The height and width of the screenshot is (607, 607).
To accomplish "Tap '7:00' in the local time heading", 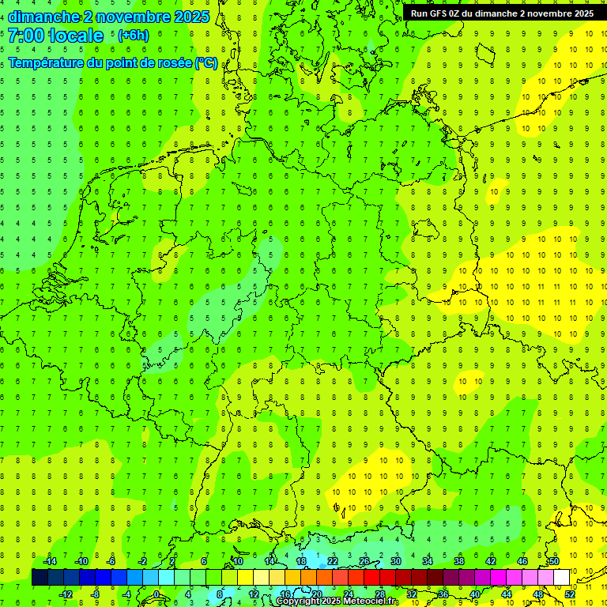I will click(x=25, y=36).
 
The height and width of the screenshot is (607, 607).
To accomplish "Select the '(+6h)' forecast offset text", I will click(x=133, y=36).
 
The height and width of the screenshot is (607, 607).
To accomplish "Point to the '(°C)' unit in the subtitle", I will click(x=206, y=62).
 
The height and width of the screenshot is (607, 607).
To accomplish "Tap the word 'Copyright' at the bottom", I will click(x=298, y=601).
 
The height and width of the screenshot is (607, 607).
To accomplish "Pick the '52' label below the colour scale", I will click(x=570, y=594).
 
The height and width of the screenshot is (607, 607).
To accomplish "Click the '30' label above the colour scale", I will click(x=396, y=561).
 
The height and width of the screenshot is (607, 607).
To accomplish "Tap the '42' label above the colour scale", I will click(x=491, y=561).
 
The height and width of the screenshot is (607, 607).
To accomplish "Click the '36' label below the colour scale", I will click(x=443, y=594).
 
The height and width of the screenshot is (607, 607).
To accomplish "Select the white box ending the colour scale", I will click(x=562, y=578).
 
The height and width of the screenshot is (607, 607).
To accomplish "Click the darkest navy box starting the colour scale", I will click(x=40, y=578).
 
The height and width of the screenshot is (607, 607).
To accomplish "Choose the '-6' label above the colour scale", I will click(x=111, y=561).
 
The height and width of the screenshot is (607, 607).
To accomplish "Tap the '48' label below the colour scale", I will click(x=538, y=594).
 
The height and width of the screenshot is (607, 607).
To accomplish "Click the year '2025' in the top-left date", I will click(x=191, y=17).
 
